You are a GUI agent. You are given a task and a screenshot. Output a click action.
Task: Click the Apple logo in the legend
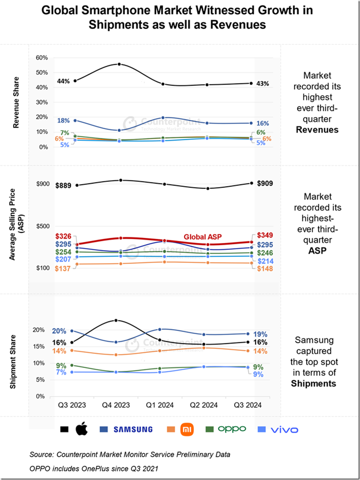81,429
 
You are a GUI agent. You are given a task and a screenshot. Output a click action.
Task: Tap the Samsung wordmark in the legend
133,429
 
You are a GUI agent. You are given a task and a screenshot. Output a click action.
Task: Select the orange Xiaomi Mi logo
187,429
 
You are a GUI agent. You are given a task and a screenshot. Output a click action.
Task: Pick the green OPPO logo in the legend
232,429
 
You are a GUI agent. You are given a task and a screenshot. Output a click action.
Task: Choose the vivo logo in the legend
284,429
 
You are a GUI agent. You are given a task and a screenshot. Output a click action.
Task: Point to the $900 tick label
43,184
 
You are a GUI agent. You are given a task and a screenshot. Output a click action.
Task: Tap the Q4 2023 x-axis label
116,405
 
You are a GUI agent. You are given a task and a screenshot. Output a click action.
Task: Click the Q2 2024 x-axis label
204,405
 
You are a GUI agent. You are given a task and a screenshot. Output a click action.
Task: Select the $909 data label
265,183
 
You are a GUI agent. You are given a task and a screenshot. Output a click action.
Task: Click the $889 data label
63,185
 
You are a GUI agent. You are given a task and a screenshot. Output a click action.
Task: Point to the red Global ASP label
203,237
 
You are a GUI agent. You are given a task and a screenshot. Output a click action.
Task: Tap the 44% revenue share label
63,81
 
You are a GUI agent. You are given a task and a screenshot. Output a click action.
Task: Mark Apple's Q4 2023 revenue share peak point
119,64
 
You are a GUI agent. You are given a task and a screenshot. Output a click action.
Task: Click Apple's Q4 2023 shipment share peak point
116,320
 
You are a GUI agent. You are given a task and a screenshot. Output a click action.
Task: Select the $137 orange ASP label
63,268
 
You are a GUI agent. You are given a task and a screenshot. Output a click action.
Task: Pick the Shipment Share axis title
13,362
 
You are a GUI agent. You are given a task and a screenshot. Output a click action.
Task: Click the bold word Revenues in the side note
317,130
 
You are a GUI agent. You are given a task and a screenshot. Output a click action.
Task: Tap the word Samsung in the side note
314,340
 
